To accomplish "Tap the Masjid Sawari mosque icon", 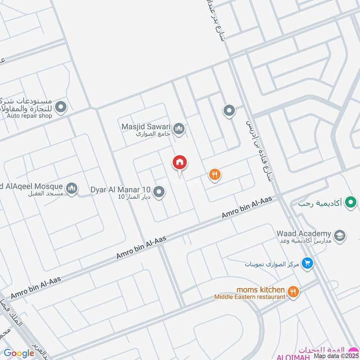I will pyautogui.click(x=180, y=129).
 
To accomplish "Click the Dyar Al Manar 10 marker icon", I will pyautogui.click(x=158, y=193).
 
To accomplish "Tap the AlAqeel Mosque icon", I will pyautogui.click(x=71, y=188).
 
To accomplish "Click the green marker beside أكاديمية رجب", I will pyautogui.click(x=350, y=203).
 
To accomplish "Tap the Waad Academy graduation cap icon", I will pyautogui.click(x=339, y=234).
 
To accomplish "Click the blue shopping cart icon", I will pyautogui.click(x=307, y=263).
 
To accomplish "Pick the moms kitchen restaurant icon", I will pyautogui.click(x=293, y=292).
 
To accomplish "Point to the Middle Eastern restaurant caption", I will pyautogui.click(x=250, y=297).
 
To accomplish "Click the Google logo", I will pyautogui.click(x=19, y=354).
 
